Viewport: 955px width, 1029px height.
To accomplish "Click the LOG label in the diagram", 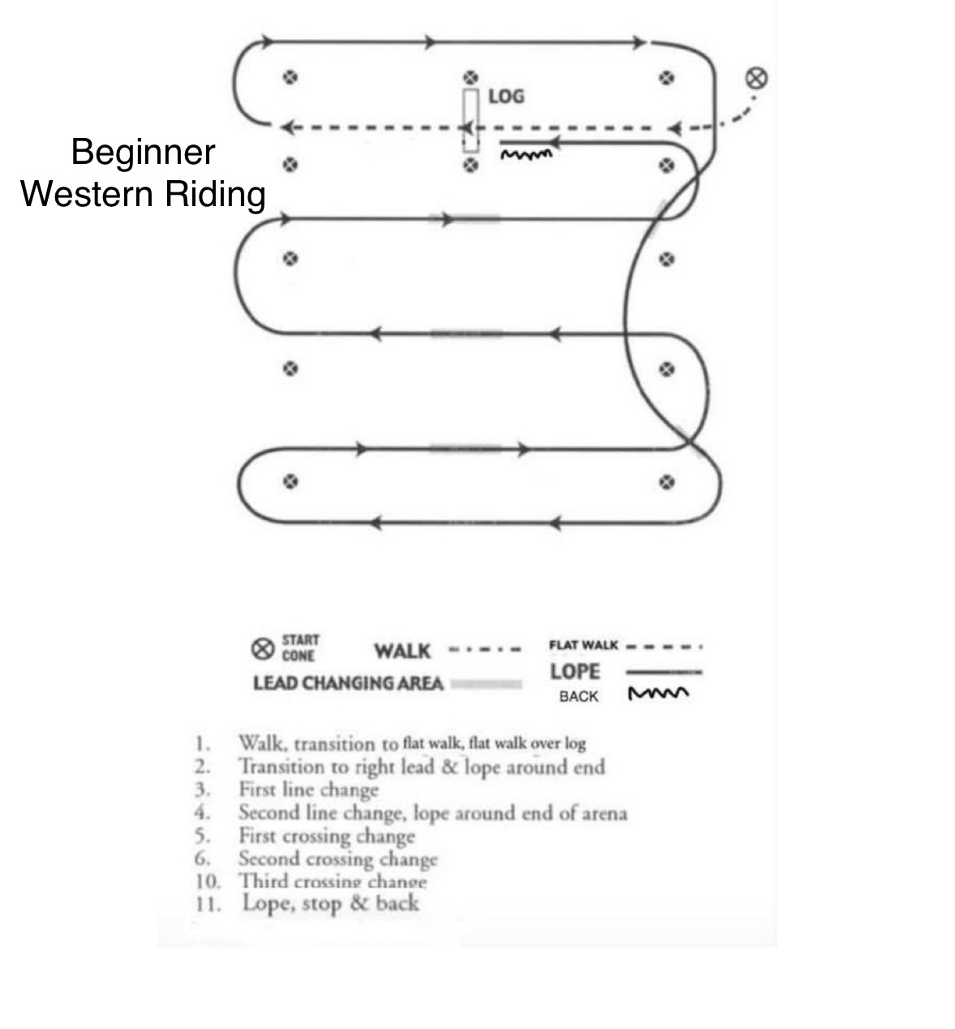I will click(x=506, y=97).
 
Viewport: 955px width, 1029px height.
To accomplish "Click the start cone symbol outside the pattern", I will click(x=756, y=78).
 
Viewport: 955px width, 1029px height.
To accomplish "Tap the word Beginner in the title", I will click(x=143, y=153).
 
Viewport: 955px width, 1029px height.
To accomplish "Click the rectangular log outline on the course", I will click(x=470, y=119).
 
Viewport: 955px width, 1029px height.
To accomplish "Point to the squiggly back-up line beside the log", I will click(x=527, y=153).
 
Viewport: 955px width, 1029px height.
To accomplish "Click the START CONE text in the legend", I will click(x=300, y=648).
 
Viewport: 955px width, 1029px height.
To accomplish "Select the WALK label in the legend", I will click(x=402, y=651).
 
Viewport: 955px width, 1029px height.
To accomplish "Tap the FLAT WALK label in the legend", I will click(x=583, y=646).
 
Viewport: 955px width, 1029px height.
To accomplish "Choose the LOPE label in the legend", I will click(x=574, y=672).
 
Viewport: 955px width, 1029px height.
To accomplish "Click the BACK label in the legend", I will click(x=579, y=696).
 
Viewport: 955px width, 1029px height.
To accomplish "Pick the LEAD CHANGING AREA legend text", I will click(x=348, y=683).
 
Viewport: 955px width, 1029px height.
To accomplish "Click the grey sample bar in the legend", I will click(x=485, y=684).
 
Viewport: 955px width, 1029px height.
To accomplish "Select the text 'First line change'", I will click(x=308, y=790).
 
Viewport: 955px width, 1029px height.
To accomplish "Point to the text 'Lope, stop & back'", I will click(x=330, y=903).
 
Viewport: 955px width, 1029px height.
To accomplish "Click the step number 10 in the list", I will click(x=207, y=881).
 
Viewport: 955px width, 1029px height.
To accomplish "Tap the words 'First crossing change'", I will click(x=326, y=836).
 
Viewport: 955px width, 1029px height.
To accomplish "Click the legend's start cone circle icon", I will click(x=261, y=649).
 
